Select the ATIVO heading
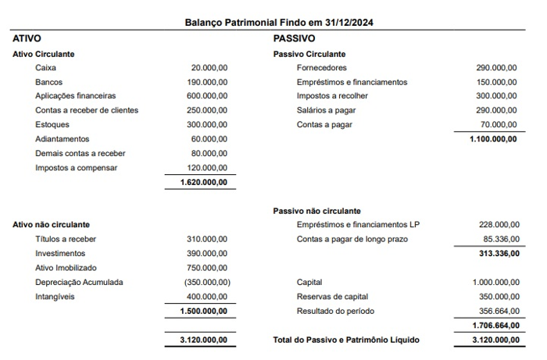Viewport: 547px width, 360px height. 27,38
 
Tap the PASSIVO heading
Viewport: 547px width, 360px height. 294,38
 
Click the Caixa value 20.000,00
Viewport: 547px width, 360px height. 209,68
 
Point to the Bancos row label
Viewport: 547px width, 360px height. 48,82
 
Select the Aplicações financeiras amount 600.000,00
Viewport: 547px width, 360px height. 207,96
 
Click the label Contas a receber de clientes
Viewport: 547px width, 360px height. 87,110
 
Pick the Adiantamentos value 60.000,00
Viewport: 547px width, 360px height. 209,139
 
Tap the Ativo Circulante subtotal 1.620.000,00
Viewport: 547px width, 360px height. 203,182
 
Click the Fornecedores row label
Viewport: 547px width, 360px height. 322,68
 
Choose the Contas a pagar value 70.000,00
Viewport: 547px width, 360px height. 499,124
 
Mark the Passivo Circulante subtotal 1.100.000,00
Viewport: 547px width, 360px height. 492,139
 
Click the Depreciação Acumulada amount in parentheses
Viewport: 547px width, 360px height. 206,282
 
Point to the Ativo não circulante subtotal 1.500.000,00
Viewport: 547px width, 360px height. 203,311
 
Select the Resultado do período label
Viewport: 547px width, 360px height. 335,311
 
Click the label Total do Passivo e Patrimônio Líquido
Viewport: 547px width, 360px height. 346,340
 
